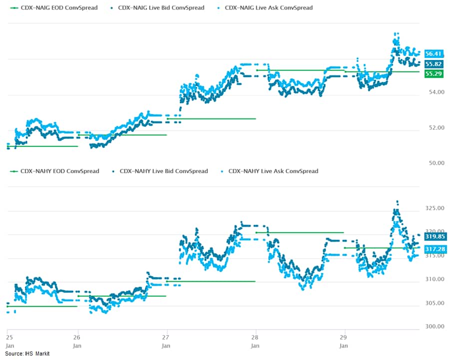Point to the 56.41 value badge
[x=433, y=53]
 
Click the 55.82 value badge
[x=433, y=64]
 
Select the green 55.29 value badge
[x=433, y=73]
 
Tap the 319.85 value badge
[x=433, y=237]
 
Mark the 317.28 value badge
[x=433, y=248]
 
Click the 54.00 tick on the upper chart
[x=434, y=92]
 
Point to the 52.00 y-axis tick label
[x=434, y=127]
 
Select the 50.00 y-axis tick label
[x=434, y=163]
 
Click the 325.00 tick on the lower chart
[x=434, y=208]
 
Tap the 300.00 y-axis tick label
[x=434, y=327]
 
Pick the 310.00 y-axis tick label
[x=434, y=279]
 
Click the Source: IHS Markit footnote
[x=27, y=354]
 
